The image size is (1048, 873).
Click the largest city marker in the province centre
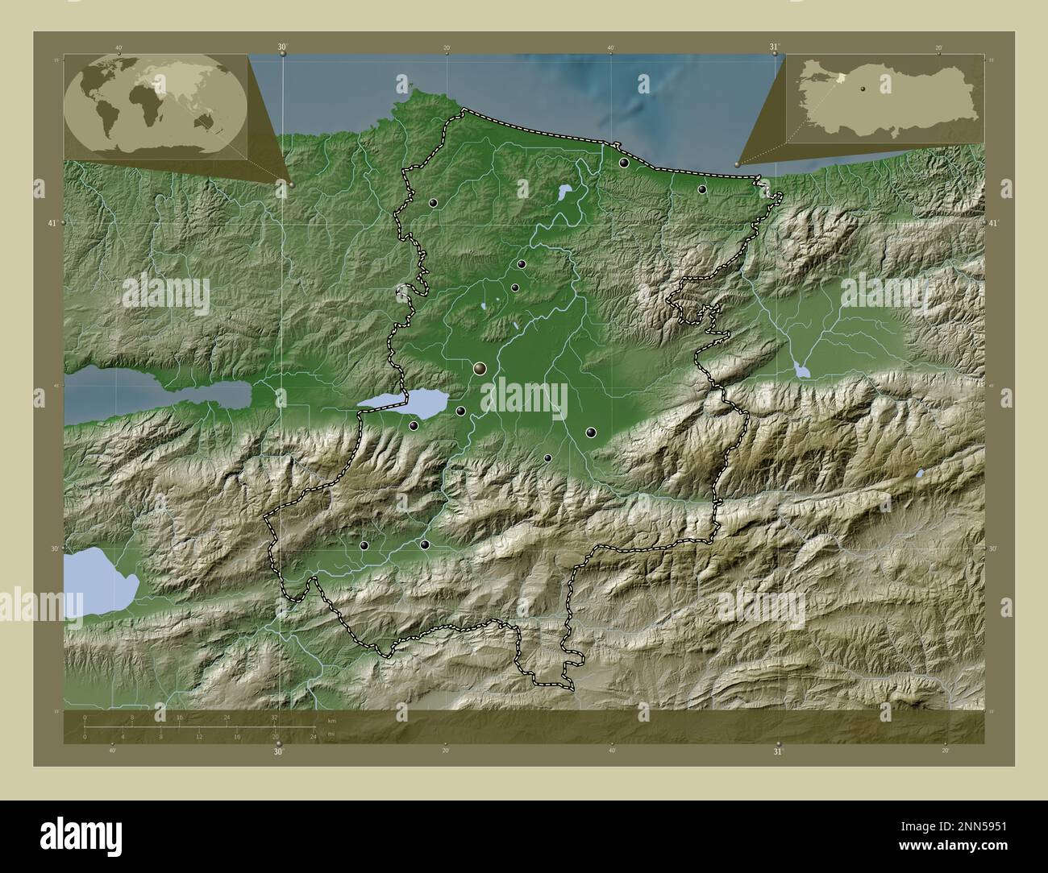pyautogui.click(x=480, y=369)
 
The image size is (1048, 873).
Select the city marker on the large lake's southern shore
pyautogui.click(x=414, y=425)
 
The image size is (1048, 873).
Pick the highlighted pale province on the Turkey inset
pyautogui.click(x=842, y=78)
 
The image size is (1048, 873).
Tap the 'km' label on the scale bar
pyautogui.click(x=331, y=719)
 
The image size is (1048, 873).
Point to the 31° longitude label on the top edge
pyautogui.click(x=775, y=47)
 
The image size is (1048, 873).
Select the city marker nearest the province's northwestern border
pyautogui.click(x=434, y=204)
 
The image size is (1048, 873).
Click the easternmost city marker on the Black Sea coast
pyautogui.click(x=702, y=189)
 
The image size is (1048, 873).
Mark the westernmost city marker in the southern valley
pyautogui.click(x=364, y=545)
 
